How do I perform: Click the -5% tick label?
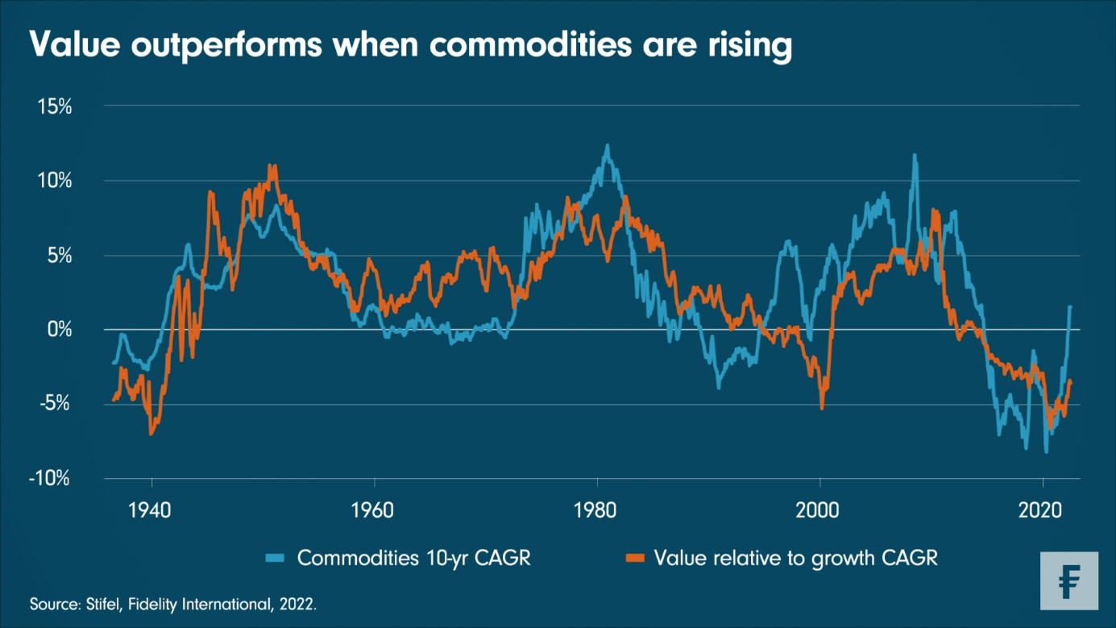click(55, 404)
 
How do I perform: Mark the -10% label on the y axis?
click(50, 479)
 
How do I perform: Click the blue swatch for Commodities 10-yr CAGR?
click(276, 558)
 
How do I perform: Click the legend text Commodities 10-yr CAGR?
click(414, 558)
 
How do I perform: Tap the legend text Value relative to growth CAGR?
click(795, 558)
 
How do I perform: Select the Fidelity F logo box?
click(1068, 580)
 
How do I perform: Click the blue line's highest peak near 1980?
click(608, 146)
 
